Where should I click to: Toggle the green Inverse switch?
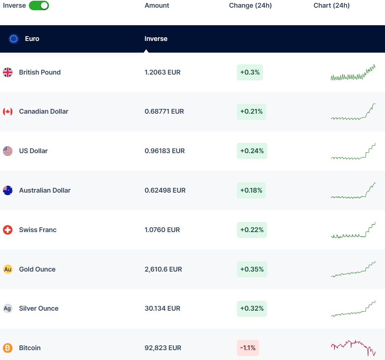tap(39, 5)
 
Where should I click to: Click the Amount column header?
tap(157, 5)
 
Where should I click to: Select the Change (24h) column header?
tap(250, 5)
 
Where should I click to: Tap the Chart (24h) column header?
tap(332, 5)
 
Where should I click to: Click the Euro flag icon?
tap(14, 39)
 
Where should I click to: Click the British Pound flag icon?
tap(8, 72)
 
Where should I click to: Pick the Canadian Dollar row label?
tap(44, 111)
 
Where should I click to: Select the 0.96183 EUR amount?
tap(165, 151)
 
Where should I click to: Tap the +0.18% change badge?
tap(251, 190)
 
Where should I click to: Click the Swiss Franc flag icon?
tap(8, 230)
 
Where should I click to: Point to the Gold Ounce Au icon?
tap(8, 269)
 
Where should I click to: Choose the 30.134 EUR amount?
tap(162, 308)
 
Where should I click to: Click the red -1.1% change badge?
tap(248, 348)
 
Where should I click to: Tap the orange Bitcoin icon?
tap(8, 348)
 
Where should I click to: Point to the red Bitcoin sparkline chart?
tap(353, 348)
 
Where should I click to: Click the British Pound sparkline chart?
tap(353, 73)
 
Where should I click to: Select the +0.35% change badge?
tap(252, 269)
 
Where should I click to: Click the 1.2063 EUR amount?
tap(162, 72)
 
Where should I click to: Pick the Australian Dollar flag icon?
tap(8, 190)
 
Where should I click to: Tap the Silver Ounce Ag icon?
tap(8, 308)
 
